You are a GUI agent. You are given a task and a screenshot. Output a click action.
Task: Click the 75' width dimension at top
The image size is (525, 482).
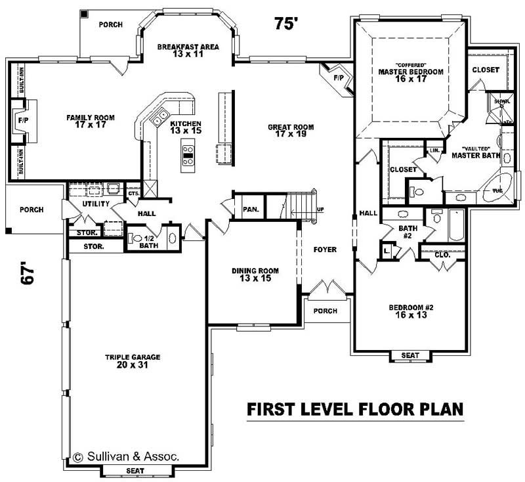point(286,24)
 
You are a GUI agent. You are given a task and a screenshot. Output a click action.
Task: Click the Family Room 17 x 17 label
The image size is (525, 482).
point(91,122)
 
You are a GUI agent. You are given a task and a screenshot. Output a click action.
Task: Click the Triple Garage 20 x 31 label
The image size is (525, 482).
point(133,361)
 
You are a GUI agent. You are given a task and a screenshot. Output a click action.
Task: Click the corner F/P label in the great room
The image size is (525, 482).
point(339,78)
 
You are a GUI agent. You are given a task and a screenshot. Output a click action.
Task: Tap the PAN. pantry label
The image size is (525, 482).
point(250,209)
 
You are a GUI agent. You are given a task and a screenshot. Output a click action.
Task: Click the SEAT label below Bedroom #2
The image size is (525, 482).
point(410,355)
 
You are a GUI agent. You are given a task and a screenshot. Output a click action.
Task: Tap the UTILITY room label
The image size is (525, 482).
point(95,205)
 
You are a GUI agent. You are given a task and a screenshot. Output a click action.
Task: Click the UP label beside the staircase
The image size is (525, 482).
point(320,210)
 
